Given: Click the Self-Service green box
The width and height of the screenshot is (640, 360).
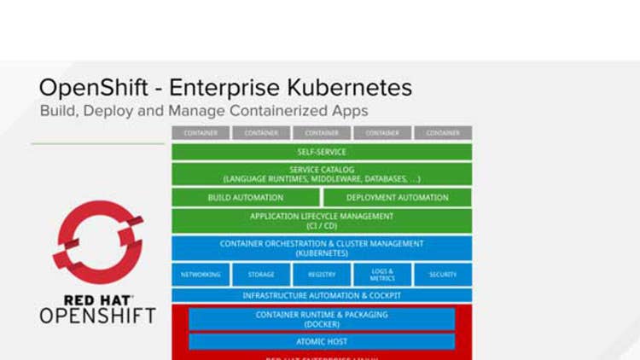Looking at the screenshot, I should click(322, 152).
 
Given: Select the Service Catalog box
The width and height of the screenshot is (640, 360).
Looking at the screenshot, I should click(322, 175).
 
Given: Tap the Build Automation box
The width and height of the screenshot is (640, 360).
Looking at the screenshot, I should click(246, 198).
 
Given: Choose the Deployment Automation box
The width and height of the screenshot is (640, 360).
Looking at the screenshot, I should click(397, 198).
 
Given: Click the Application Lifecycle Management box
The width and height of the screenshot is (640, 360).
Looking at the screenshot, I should click(322, 221).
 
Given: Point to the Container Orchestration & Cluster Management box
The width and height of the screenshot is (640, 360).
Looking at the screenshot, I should click(322, 248).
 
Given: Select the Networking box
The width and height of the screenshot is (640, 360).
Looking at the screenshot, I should click(201, 275).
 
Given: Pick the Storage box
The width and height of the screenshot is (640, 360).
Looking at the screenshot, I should click(261, 275).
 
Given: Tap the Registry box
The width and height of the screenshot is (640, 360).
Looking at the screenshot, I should click(322, 275).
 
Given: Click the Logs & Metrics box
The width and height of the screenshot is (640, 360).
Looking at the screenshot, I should click(382, 275).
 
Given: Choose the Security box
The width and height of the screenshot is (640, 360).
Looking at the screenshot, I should click(443, 275).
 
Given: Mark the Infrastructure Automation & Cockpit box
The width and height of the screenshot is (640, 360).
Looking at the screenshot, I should click(322, 296).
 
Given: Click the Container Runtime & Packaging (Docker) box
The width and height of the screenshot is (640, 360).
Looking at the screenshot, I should click(322, 319).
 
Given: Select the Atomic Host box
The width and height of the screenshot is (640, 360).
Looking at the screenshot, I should click(322, 341).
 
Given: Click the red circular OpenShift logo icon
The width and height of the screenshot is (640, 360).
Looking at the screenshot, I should click(98, 242).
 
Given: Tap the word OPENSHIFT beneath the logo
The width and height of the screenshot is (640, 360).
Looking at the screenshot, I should click(98, 316).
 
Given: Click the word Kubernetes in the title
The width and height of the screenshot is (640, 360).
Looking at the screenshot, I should click(346, 88).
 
